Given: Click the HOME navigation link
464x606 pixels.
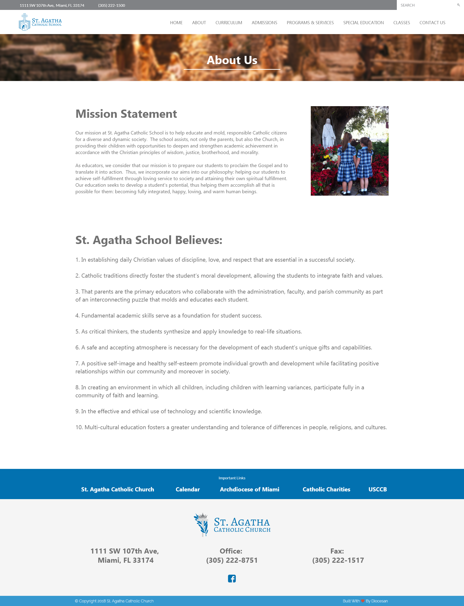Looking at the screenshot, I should coord(176,23).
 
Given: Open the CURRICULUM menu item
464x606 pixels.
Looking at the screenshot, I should coord(229,23).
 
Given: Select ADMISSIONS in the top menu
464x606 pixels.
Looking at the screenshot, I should coord(264,23).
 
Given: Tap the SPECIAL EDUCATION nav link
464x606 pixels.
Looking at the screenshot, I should coord(363,23).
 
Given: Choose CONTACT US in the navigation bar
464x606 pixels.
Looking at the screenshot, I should coord(432,23).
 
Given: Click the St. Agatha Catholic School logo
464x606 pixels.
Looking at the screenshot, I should coord(40,22).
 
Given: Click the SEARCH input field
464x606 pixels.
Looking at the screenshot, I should coord(425,5).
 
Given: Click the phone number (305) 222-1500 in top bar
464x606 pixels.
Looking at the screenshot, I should coord(112,6).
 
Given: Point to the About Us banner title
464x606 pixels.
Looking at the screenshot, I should coord(232,60).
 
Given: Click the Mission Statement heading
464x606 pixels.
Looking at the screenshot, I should coord(126,114).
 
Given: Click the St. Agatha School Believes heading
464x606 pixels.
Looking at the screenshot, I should coord(149,240).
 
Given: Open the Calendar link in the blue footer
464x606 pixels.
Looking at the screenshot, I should coord(188,489).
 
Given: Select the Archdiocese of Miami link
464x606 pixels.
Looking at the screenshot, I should coord(249,489).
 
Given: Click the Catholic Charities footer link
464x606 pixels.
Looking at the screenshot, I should coord(326,489).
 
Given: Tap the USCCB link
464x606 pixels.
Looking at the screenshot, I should coord(377,489).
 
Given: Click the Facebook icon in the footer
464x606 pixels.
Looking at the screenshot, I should coord(232,578).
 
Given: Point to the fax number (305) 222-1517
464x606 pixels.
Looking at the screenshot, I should coord(338,560).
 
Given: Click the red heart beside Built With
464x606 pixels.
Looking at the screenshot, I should coord(363,601).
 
